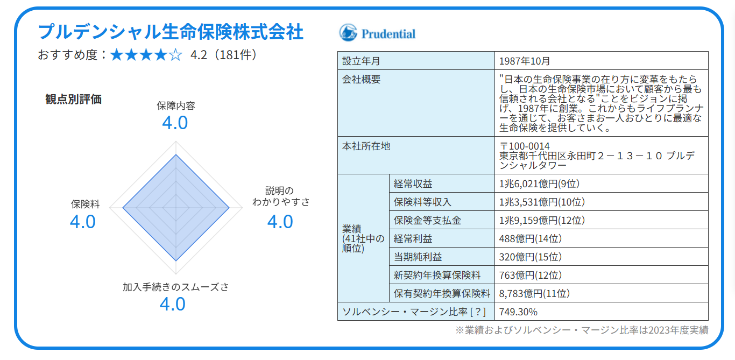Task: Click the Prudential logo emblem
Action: tap(348, 33)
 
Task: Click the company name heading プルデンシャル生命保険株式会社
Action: tap(171, 32)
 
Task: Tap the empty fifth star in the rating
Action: tap(175, 55)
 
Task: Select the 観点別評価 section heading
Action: tap(74, 99)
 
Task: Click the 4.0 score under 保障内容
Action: tap(175, 123)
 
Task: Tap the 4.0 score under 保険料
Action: tap(83, 222)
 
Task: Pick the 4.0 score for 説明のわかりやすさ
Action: tap(280, 222)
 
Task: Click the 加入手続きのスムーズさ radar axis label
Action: tap(175, 287)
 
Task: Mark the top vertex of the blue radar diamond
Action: tap(176, 154)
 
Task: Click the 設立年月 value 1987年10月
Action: tap(524, 61)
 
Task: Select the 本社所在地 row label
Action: tap(366, 146)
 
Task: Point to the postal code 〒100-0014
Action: tap(524, 146)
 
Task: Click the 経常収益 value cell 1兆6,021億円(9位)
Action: tap(539, 184)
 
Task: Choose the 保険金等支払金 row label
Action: tap(427, 221)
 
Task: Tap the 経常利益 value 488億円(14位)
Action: tap(530, 238)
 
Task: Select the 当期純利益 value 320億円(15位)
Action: tap(530, 257)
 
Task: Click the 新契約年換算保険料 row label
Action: tap(437, 276)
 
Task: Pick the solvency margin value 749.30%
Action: tap(518, 312)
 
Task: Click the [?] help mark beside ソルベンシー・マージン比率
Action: tap(478, 312)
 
